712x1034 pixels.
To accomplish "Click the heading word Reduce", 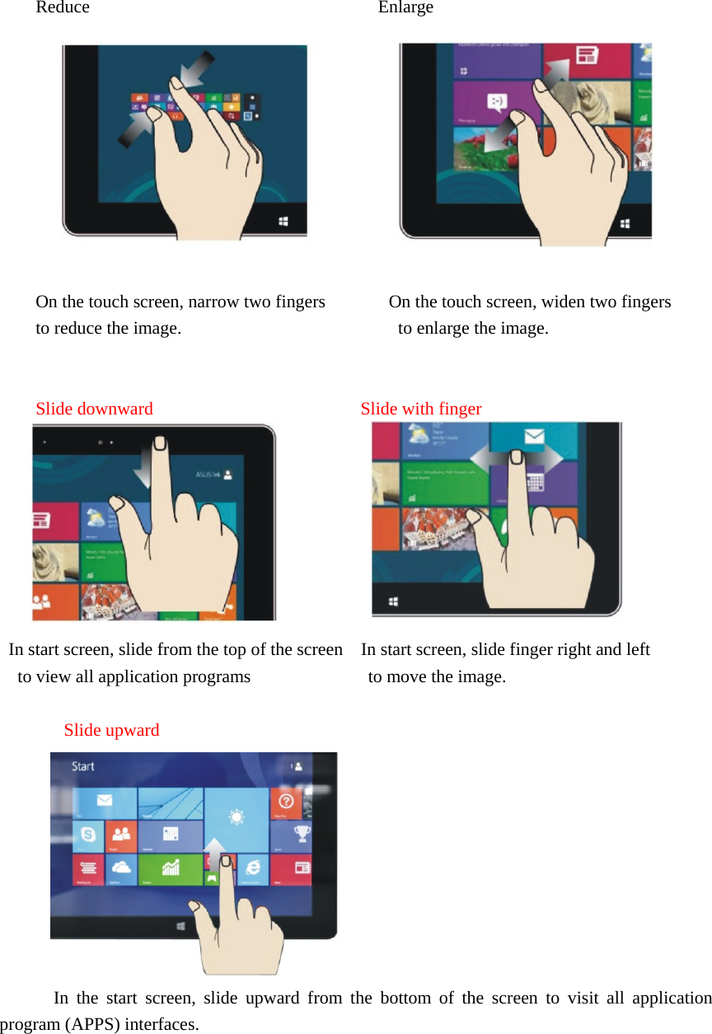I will coord(63,8).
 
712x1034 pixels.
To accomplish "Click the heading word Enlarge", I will coord(405,8).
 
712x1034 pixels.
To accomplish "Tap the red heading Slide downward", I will coord(94,409).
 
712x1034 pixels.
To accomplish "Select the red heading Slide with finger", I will coord(420,409).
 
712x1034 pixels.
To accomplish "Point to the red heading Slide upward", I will coord(111,730).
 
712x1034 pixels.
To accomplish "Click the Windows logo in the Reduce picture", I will coord(283,221).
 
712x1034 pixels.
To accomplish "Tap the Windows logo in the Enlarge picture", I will coord(625,223).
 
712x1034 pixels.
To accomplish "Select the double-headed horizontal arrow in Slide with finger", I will coord(517,458).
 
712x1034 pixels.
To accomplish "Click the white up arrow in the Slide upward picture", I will coord(213,854).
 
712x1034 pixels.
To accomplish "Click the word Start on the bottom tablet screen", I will coord(83,766).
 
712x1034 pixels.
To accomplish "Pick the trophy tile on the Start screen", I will coord(302,834).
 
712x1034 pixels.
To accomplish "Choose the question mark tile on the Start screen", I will coord(286,801).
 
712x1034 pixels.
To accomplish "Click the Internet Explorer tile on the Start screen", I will coord(253,866).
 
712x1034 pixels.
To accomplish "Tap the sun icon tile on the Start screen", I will coord(237,817).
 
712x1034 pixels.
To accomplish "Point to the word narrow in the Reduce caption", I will coord(213,302).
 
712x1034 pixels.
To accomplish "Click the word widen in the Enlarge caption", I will coord(560,302).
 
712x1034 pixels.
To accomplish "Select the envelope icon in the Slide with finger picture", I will coord(535,437).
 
